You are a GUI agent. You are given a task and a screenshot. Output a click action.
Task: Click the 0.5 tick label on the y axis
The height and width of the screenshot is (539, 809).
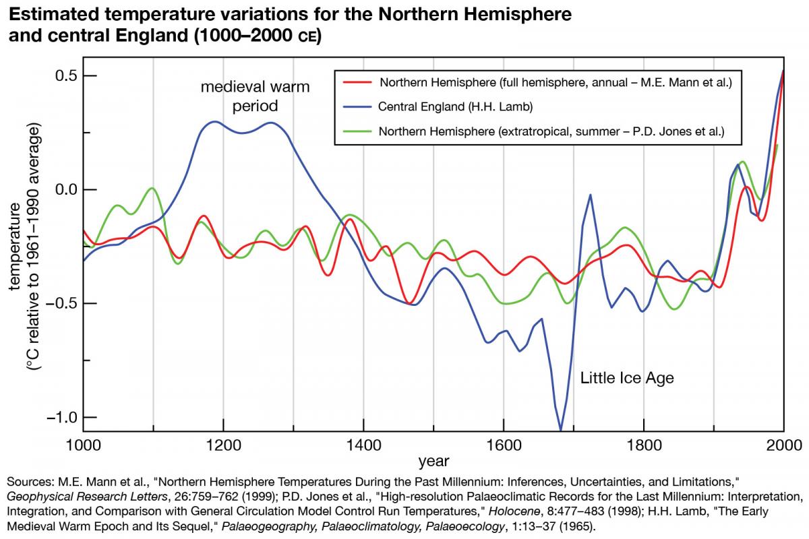pyautogui.click(x=66, y=76)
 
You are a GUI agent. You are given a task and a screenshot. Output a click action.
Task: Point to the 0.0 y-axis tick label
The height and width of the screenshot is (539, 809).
pyautogui.click(x=66, y=189)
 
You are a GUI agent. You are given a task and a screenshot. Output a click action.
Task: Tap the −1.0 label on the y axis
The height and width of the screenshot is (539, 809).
pyautogui.click(x=62, y=417)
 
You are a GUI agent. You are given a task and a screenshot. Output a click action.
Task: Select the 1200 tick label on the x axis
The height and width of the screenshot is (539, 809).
pyautogui.click(x=223, y=445)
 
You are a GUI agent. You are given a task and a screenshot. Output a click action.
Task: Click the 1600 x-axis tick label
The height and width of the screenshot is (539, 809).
pyautogui.click(x=504, y=445)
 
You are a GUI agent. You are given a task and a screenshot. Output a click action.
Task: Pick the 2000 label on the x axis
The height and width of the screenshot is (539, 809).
pyautogui.click(x=783, y=445)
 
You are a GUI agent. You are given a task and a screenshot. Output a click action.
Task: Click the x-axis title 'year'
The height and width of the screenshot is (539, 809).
pyautogui.click(x=433, y=462)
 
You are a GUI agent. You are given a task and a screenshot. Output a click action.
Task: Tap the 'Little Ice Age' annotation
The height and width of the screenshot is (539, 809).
pyautogui.click(x=627, y=378)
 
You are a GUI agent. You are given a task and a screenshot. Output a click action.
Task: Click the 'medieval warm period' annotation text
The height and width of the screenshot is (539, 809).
pyautogui.click(x=255, y=96)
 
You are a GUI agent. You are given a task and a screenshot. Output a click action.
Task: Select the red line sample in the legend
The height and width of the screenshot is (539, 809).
pyautogui.click(x=357, y=82)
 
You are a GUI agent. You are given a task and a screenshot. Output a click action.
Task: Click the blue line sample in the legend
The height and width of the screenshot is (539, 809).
pyautogui.click(x=357, y=107)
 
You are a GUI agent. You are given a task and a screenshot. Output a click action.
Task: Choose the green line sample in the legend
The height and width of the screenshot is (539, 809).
pyautogui.click(x=357, y=131)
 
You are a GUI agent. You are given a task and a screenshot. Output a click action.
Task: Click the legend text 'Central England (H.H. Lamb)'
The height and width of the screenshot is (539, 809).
pyautogui.click(x=456, y=107)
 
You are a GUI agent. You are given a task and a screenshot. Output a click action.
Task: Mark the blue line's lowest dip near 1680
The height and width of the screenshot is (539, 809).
pyautogui.click(x=560, y=430)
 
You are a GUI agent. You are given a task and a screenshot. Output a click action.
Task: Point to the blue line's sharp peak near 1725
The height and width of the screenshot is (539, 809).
pyautogui.click(x=590, y=195)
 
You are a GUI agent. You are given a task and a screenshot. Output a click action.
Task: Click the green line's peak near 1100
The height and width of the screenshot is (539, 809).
pyautogui.click(x=152, y=188)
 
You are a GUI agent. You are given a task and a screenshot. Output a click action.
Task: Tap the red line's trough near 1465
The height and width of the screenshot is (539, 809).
pyautogui.click(x=409, y=303)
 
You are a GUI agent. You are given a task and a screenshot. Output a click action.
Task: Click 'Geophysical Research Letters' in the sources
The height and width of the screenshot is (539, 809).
pyautogui.click(x=87, y=497)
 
